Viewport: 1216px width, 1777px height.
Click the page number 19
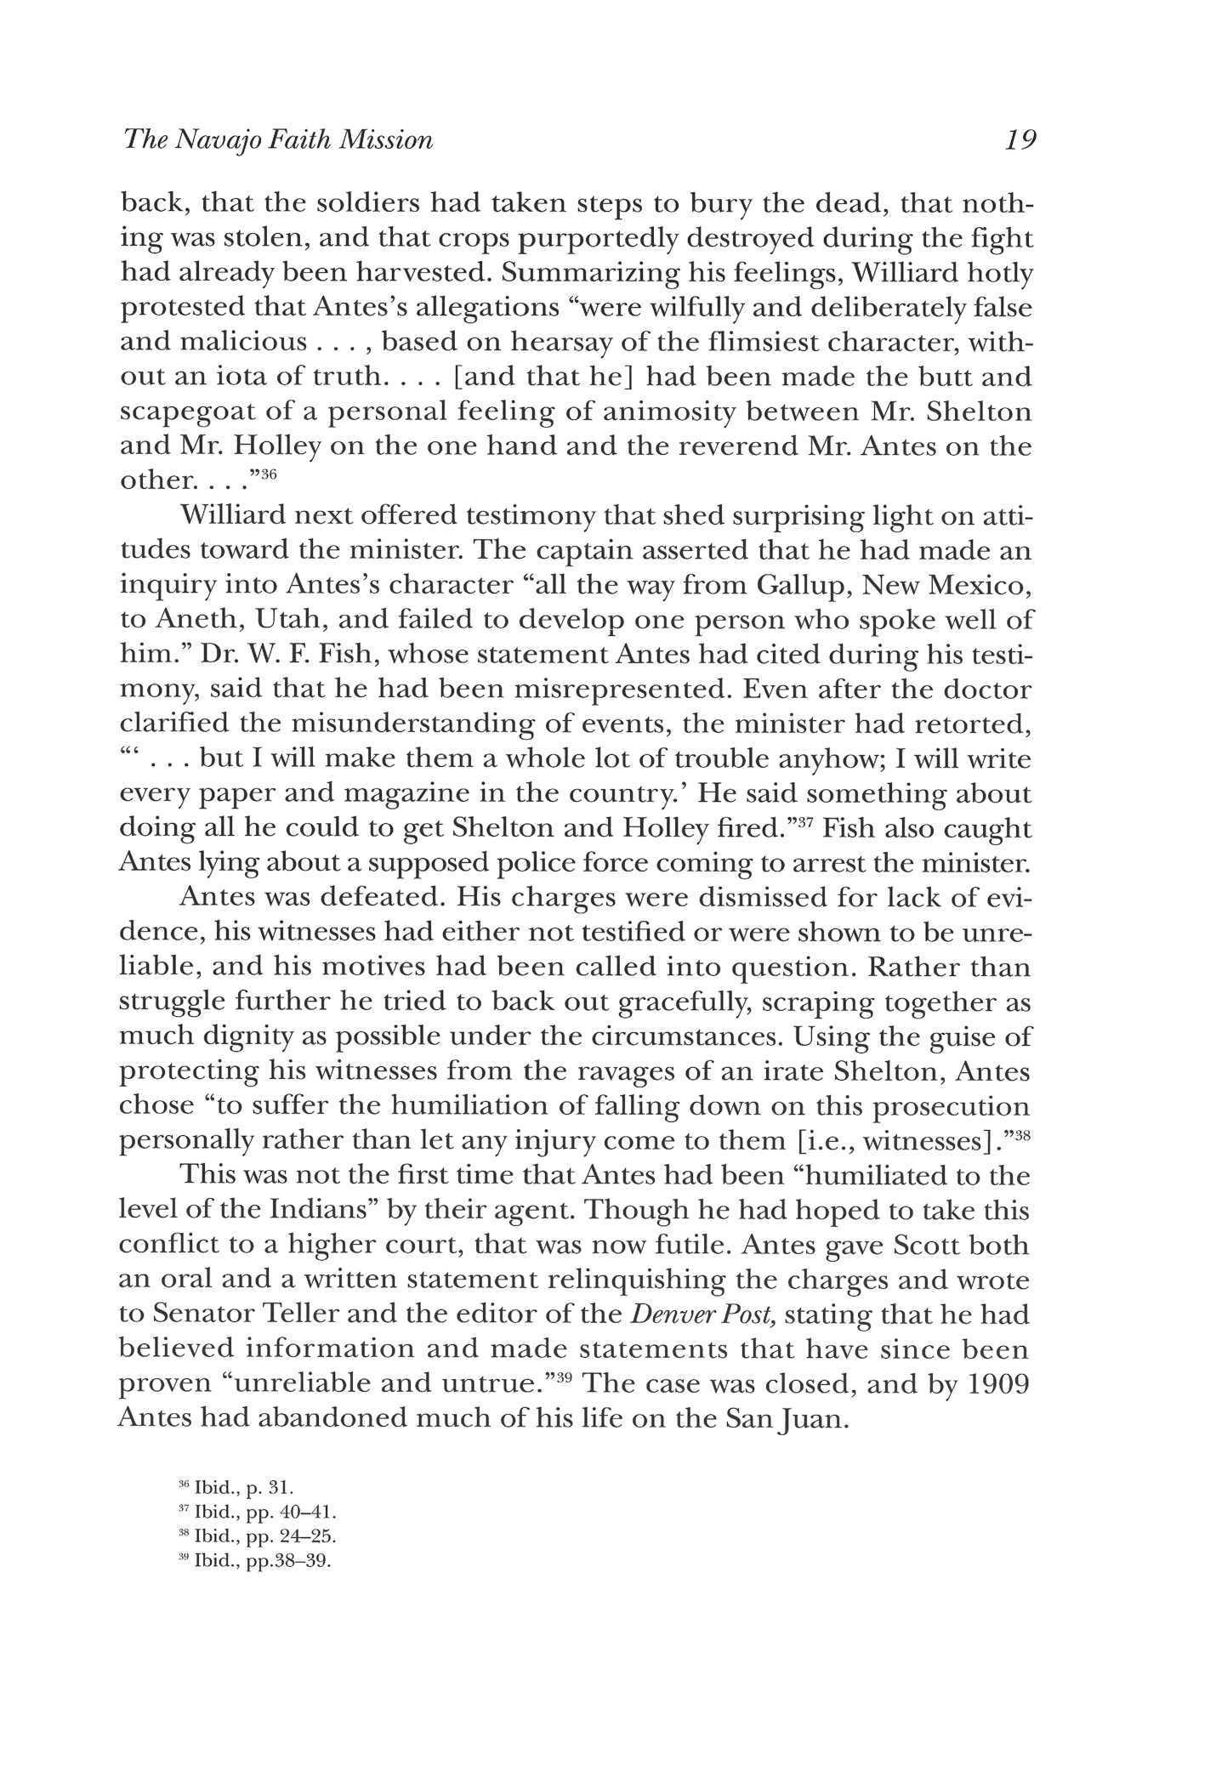1020,139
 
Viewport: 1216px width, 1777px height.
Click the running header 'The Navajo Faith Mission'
278,139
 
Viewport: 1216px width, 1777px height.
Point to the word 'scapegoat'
202,412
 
